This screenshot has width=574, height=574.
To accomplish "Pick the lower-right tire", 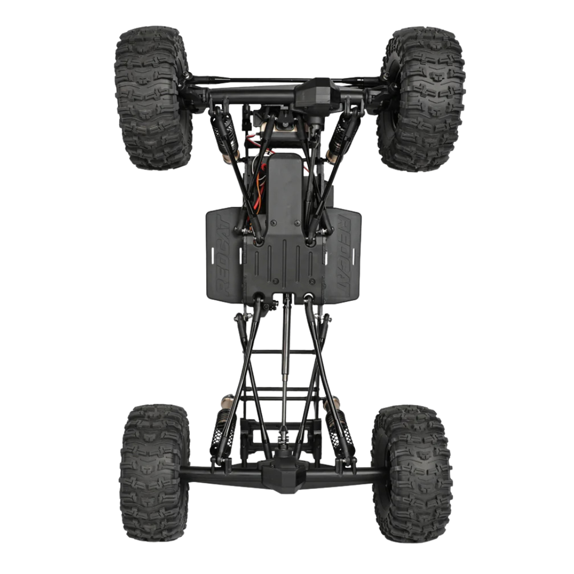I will pyautogui.click(x=412, y=473).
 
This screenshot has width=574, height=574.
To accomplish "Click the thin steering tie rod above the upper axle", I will pyautogui.click(x=250, y=80).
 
